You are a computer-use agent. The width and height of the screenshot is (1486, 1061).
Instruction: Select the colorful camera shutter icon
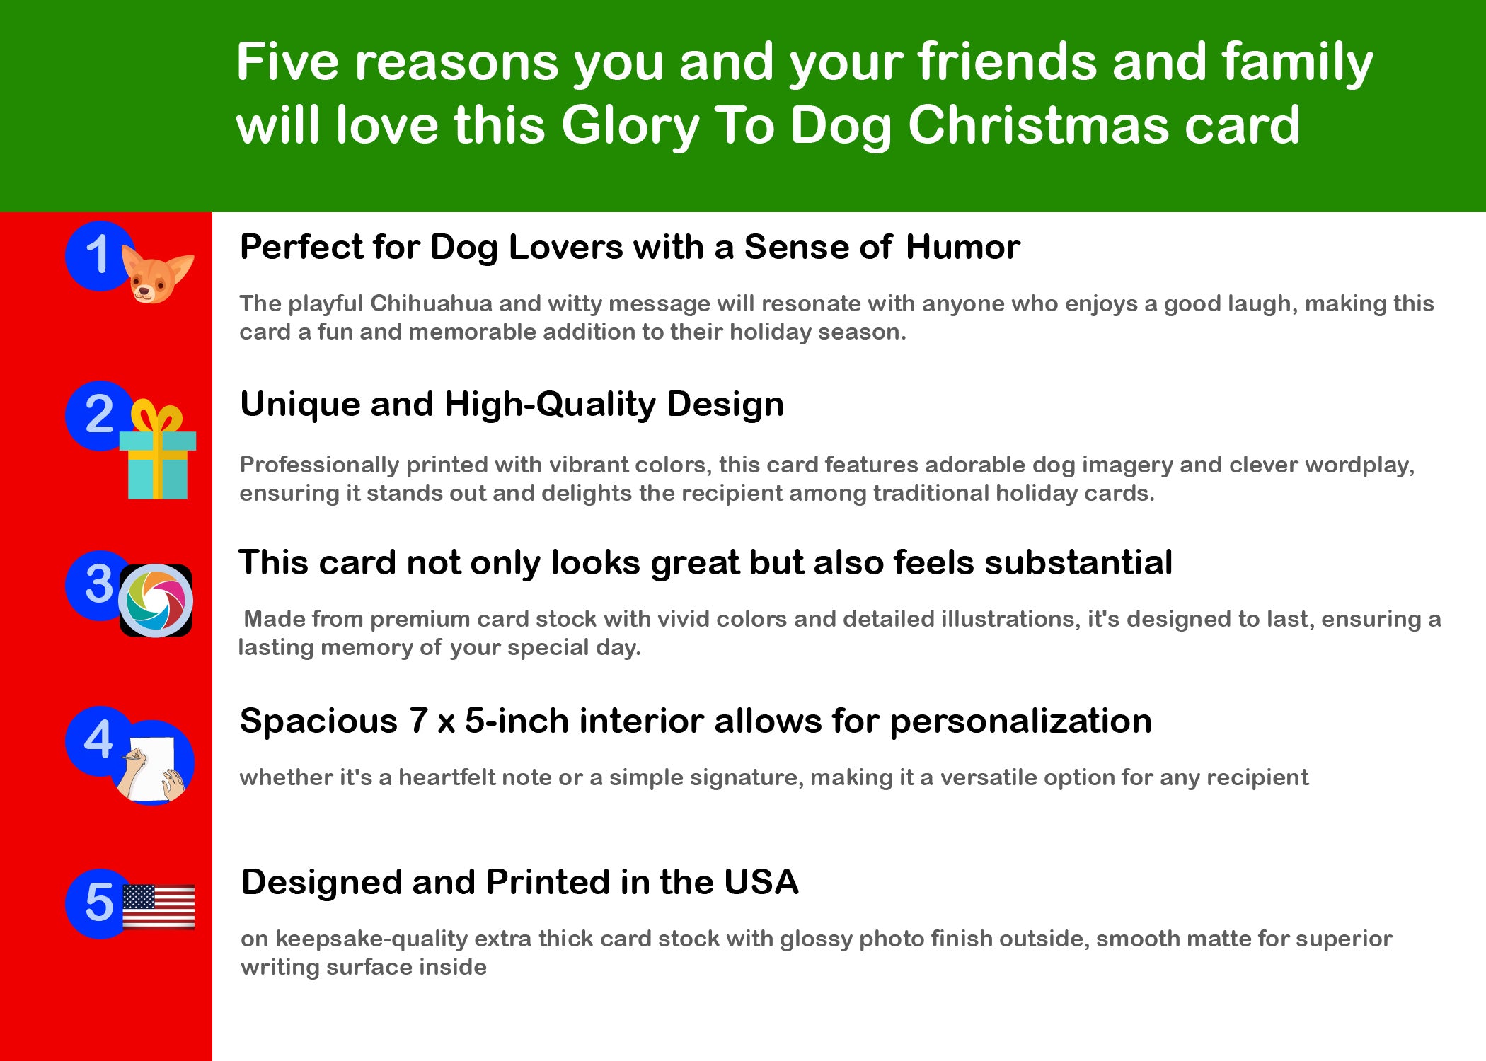click(156, 601)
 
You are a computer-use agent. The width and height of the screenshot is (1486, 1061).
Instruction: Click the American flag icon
click(159, 906)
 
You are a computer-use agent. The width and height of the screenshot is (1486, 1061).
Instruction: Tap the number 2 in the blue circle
click(99, 414)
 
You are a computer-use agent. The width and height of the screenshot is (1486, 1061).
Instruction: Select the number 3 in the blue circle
click(99, 584)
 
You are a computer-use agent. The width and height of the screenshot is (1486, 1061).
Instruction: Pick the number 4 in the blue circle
click(98, 740)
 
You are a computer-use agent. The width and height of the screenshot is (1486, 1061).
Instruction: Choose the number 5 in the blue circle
click(99, 903)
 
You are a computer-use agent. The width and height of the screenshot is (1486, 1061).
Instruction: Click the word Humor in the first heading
click(962, 247)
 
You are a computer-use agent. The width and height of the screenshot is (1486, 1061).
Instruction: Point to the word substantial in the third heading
click(1078, 563)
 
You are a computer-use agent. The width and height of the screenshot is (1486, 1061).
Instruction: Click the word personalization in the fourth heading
click(1020, 722)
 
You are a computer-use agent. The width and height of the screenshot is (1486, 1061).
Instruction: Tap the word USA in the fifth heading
click(761, 882)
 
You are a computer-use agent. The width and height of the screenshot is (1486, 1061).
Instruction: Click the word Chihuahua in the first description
click(431, 303)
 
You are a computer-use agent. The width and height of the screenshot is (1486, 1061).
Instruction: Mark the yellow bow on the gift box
click(156, 416)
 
